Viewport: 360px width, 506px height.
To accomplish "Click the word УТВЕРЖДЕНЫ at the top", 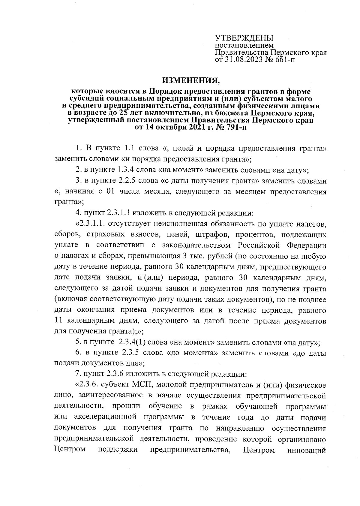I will coord(244,38).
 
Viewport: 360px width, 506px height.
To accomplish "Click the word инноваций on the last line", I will coord(307,450).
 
